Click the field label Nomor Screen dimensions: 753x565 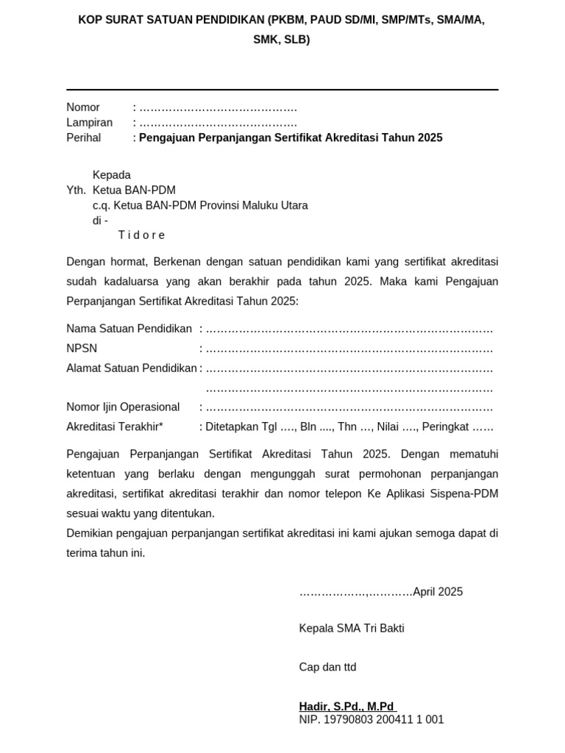(x=83, y=107)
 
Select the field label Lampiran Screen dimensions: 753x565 (x=89, y=123)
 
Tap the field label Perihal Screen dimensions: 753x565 (x=84, y=138)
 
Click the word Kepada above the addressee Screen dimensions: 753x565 (x=111, y=175)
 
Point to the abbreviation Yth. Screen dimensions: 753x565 (x=76, y=190)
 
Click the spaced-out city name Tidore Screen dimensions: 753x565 (x=141, y=235)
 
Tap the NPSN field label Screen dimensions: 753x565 (x=82, y=349)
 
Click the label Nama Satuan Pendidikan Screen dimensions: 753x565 (x=129, y=329)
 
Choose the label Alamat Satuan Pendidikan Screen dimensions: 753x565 (x=132, y=368)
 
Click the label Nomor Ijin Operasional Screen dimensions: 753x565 (x=123, y=407)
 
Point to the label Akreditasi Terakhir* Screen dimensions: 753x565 (x=115, y=427)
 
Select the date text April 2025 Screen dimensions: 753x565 (x=438, y=592)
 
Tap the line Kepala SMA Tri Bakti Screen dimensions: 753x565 (x=352, y=629)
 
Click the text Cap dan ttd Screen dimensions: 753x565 (x=327, y=667)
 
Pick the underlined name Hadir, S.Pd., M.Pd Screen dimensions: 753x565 (x=347, y=707)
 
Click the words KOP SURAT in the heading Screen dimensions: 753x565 (x=107, y=20)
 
